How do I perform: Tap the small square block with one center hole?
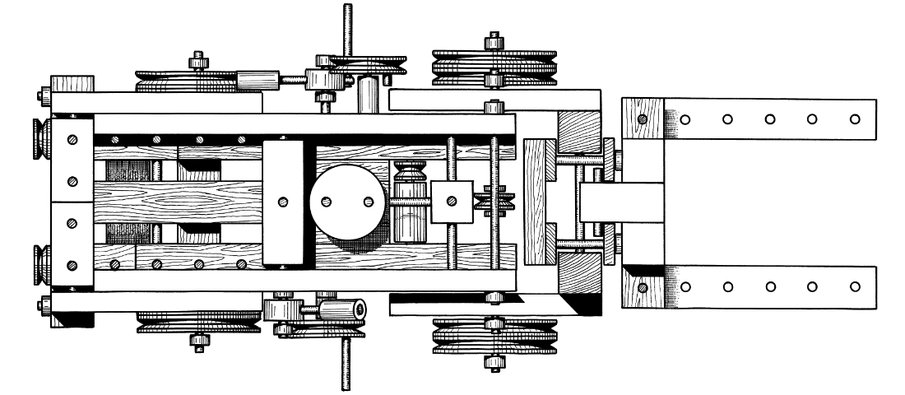(451, 202)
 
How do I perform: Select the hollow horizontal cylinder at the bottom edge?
(341, 309)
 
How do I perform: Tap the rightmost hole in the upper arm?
(856, 118)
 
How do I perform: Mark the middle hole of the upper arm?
(770, 118)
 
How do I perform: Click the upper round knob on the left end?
(39, 139)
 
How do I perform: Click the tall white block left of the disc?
(284, 202)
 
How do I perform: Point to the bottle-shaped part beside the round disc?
(410, 202)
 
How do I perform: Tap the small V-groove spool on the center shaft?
(498, 202)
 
